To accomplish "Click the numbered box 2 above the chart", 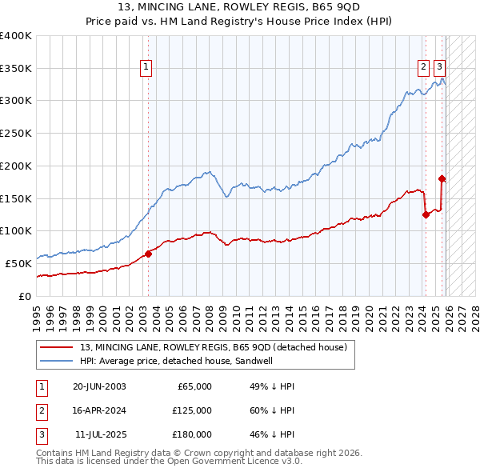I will pyautogui.click(x=422, y=68).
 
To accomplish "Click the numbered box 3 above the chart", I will pyautogui.click(x=441, y=68).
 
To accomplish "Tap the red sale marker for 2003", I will pyautogui.click(x=148, y=254).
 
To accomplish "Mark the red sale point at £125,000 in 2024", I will pyautogui.click(x=426, y=214).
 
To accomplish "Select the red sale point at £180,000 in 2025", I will pyautogui.click(x=442, y=178).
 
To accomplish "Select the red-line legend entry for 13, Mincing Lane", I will pyautogui.click(x=213, y=348).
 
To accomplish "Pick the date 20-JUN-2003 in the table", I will pyautogui.click(x=99, y=386).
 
